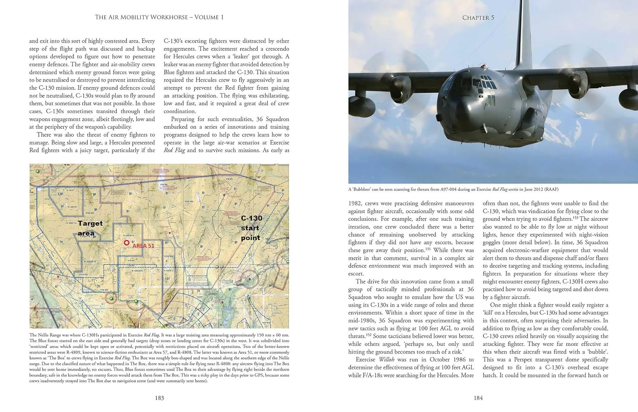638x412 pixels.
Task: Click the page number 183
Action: click(x=159, y=398)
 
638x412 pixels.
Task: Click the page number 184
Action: click(x=478, y=398)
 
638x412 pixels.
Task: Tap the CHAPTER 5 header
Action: click(x=478, y=18)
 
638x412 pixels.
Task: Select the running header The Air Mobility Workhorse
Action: click(x=159, y=17)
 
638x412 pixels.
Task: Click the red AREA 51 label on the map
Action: click(x=143, y=246)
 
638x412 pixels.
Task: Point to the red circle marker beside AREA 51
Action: click(x=126, y=242)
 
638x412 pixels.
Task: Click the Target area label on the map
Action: click(x=90, y=228)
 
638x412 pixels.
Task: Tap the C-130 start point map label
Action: click(x=251, y=228)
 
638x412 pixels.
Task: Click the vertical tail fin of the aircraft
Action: click(x=524, y=26)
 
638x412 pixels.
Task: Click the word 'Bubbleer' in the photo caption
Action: click(x=365, y=190)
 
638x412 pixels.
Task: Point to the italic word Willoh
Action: click(x=387, y=360)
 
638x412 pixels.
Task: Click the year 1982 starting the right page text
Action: click(x=356, y=204)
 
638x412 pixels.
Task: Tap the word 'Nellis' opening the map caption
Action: click(x=45, y=335)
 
